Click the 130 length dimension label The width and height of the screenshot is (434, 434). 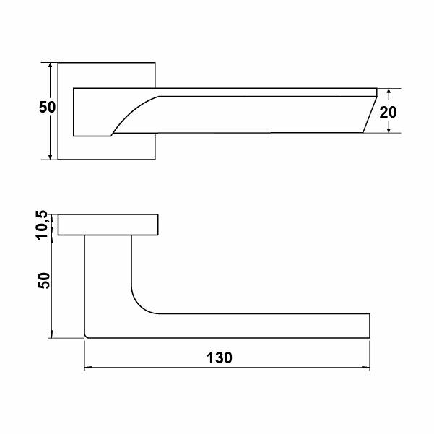220,357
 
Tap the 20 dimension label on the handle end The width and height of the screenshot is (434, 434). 388,113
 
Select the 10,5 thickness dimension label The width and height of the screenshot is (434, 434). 42,225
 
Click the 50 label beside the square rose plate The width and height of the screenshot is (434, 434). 47,107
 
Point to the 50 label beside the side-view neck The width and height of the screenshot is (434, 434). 44,281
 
